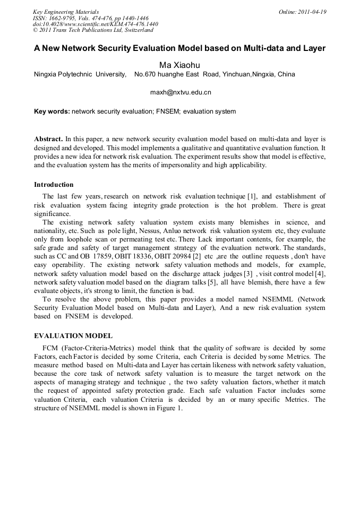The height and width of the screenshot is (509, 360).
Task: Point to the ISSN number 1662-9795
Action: click(64, 18)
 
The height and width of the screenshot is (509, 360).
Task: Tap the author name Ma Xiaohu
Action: click(179, 65)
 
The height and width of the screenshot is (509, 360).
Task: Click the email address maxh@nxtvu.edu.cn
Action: click(181, 92)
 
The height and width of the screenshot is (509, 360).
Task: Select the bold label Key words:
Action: click(52, 111)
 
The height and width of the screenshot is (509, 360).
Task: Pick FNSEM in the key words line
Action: click(168, 111)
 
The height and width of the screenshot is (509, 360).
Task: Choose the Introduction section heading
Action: click(54, 185)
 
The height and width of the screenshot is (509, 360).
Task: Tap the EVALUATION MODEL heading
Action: click(73, 336)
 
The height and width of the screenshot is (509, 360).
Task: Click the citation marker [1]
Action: click(251, 196)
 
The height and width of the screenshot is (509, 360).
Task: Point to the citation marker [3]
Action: click(247, 273)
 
